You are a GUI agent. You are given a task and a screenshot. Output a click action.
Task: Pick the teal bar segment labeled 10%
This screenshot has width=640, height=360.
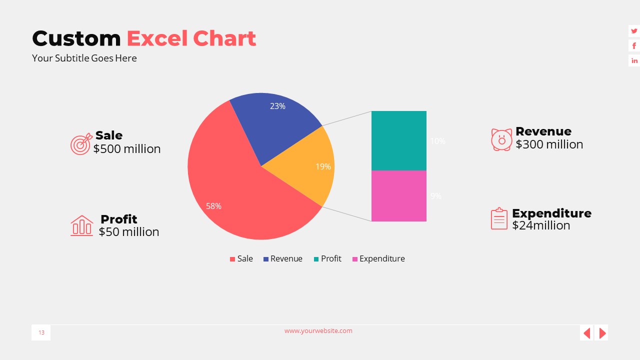pyautogui.click(x=398, y=140)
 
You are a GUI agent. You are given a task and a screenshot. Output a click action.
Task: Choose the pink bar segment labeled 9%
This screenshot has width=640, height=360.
pyautogui.click(x=398, y=195)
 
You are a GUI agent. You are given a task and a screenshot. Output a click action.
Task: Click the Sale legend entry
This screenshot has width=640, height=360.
pyautogui.click(x=241, y=258)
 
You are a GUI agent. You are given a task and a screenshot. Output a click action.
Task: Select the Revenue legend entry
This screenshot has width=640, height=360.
pyautogui.click(x=283, y=258)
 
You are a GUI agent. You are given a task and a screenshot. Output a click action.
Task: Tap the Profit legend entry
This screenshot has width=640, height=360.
pyautogui.click(x=327, y=258)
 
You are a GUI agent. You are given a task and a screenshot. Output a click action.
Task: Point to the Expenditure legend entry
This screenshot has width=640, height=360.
pyautogui.click(x=378, y=258)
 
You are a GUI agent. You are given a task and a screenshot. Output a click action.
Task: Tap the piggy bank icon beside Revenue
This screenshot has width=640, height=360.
pyautogui.click(x=501, y=139)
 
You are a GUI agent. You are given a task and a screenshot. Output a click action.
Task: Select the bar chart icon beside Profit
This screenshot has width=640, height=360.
pyautogui.click(x=81, y=225)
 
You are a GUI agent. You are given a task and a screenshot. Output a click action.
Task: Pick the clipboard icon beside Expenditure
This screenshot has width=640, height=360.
pyautogui.click(x=499, y=219)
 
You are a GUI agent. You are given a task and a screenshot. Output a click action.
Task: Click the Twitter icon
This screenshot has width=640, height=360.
pyautogui.click(x=634, y=31)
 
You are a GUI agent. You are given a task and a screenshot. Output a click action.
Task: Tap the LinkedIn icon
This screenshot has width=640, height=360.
pyautogui.click(x=634, y=60)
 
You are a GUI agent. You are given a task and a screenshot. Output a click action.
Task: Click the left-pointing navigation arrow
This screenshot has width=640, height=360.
pyautogui.click(x=587, y=332)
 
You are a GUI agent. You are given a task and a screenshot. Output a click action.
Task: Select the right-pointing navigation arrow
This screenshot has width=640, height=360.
pyautogui.click(x=602, y=332)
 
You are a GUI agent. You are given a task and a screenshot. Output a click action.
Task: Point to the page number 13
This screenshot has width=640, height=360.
pyautogui.click(x=41, y=332)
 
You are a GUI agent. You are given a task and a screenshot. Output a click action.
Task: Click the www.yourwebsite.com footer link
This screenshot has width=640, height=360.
pyautogui.click(x=318, y=330)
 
